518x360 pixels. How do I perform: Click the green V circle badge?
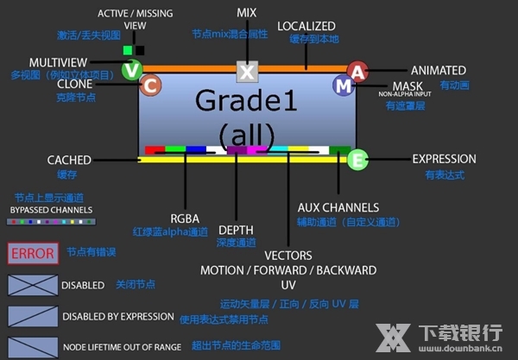pos(130,70)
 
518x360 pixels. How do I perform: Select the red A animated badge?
pos(357,71)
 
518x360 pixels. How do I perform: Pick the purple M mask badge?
pos(344,85)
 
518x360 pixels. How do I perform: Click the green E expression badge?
pos(357,159)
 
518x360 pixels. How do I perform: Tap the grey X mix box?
pos(247,72)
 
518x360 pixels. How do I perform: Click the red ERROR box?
pos(32,254)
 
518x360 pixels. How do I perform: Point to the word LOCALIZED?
pos(306,27)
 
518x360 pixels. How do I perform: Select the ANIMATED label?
pos(438,70)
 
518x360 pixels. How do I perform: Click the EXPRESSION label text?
pos(444,159)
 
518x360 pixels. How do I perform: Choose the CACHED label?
pos(69,160)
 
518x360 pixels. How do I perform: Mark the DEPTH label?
pos(236,230)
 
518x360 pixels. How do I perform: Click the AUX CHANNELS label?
pos(338,207)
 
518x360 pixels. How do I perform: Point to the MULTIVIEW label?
pos(59,63)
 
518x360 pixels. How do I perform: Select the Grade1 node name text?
pos(247,101)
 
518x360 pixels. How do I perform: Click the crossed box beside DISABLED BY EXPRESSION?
pos(32,317)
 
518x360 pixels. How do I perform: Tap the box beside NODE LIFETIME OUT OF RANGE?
pos(32,346)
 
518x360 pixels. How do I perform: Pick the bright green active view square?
pos(127,50)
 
